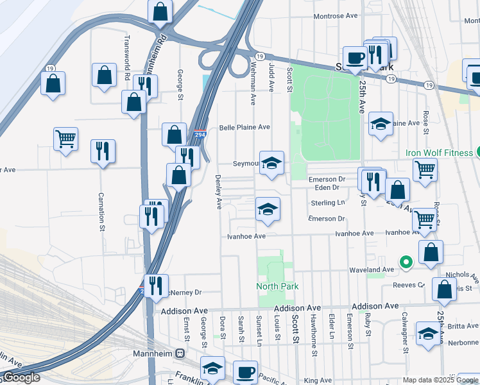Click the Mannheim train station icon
(181, 354)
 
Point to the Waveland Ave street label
(370, 270)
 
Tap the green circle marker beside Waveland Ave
(406, 262)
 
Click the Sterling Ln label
(327, 203)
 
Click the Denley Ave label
(218, 192)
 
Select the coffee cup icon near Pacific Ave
(244, 372)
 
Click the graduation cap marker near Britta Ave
(428, 333)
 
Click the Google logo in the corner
(21, 377)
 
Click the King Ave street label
(318, 381)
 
